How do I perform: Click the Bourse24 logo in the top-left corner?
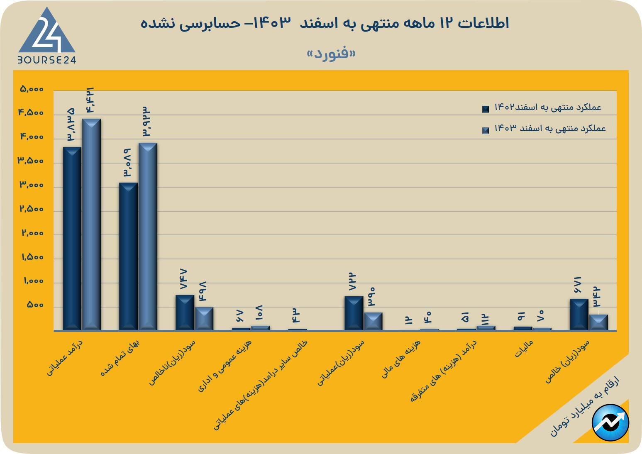tap(46, 36)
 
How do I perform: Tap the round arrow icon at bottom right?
tap(610, 422)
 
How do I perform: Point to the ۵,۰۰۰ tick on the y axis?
tap(31, 89)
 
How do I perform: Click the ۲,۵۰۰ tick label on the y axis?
tap(31, 209)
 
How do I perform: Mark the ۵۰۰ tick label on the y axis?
tap(35, 305)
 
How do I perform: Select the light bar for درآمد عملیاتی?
tap(91, 225)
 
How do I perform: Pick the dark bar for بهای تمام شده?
tap(128, 256)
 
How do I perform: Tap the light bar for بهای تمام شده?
tap(148, 237)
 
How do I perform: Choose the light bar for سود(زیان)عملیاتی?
tap(373, 321)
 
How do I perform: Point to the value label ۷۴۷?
tap(184, 279)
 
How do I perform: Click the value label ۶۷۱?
tap(578, 285)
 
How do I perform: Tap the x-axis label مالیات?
tap(524, 349)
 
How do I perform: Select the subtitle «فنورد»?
tap(331, 54)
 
